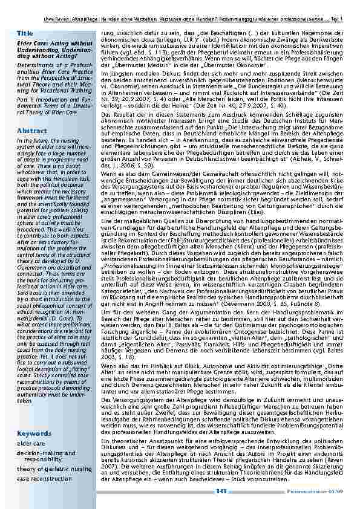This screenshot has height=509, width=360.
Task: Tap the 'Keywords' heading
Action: (x=33, y=433)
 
